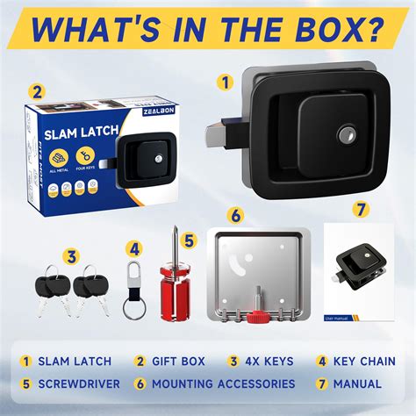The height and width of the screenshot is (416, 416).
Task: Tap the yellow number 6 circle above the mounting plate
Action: pyautogui.click(x=234, y=213)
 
